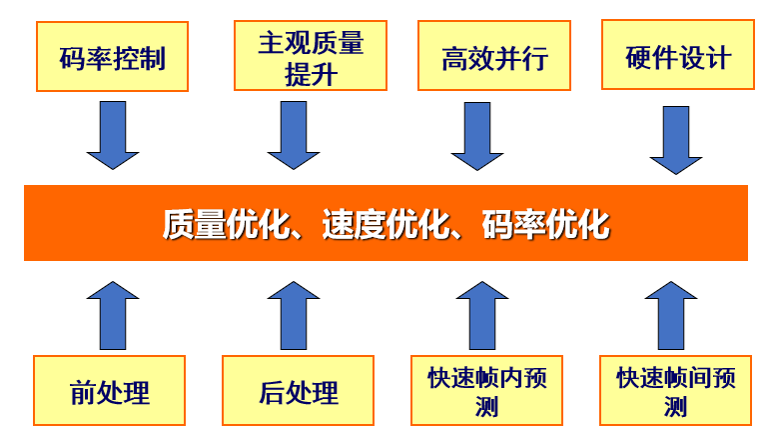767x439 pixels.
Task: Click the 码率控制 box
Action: [112, 56]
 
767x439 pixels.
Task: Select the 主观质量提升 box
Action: [311, 55]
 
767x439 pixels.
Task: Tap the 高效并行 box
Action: [494, 55]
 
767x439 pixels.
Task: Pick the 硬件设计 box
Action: [678, 54]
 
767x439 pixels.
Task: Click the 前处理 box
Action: [109, 390]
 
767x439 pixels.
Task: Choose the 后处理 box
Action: [298, 390]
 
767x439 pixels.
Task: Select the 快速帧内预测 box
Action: [486, 390]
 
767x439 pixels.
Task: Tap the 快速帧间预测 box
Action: [675, 390]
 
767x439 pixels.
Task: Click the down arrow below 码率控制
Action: [113, 135]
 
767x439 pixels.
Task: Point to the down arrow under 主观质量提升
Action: [294, 135]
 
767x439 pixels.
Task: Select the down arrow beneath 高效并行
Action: [477, 136]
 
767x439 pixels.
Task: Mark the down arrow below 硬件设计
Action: [676, 140]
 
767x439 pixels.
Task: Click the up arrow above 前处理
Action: [113, 316]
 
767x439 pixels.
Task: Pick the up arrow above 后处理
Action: [294, 316]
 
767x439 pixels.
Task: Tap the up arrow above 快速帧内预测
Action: [482, 316]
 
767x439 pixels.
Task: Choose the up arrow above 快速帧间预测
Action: [671, 316]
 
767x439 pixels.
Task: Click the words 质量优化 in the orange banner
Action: [226, 224]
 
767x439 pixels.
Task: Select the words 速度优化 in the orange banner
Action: [385, 224]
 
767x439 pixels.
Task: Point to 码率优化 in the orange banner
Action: [546, 224]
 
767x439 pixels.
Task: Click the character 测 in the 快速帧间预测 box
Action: [675, 407]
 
